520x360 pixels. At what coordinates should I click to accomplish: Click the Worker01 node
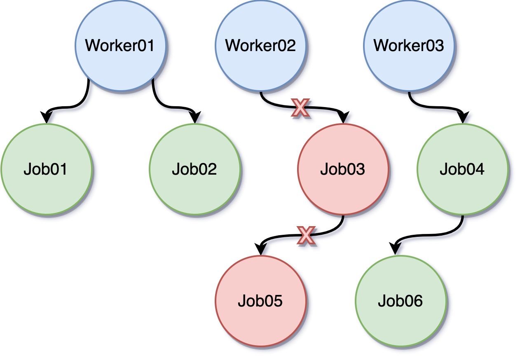click(120, 45)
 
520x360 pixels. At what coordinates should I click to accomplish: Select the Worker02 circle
click(260, 45)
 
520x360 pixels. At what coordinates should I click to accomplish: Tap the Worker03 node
click(409, 45)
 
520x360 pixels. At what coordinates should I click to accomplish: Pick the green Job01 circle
click(46, 169)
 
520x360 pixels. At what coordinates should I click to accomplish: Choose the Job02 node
click(194, 169)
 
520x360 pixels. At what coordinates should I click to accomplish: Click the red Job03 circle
click(343, 169)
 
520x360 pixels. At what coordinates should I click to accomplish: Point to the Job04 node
click(462, 169)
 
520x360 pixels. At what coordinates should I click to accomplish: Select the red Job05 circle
click(260, 301)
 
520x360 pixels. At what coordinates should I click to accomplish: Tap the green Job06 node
click(401, 301)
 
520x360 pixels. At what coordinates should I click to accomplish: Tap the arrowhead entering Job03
click(343, 118)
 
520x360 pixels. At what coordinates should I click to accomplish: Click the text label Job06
click(401, 301)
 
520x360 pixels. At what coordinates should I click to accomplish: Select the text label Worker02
click(260, 45)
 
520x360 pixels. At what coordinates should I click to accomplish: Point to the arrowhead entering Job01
click(46, 118)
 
